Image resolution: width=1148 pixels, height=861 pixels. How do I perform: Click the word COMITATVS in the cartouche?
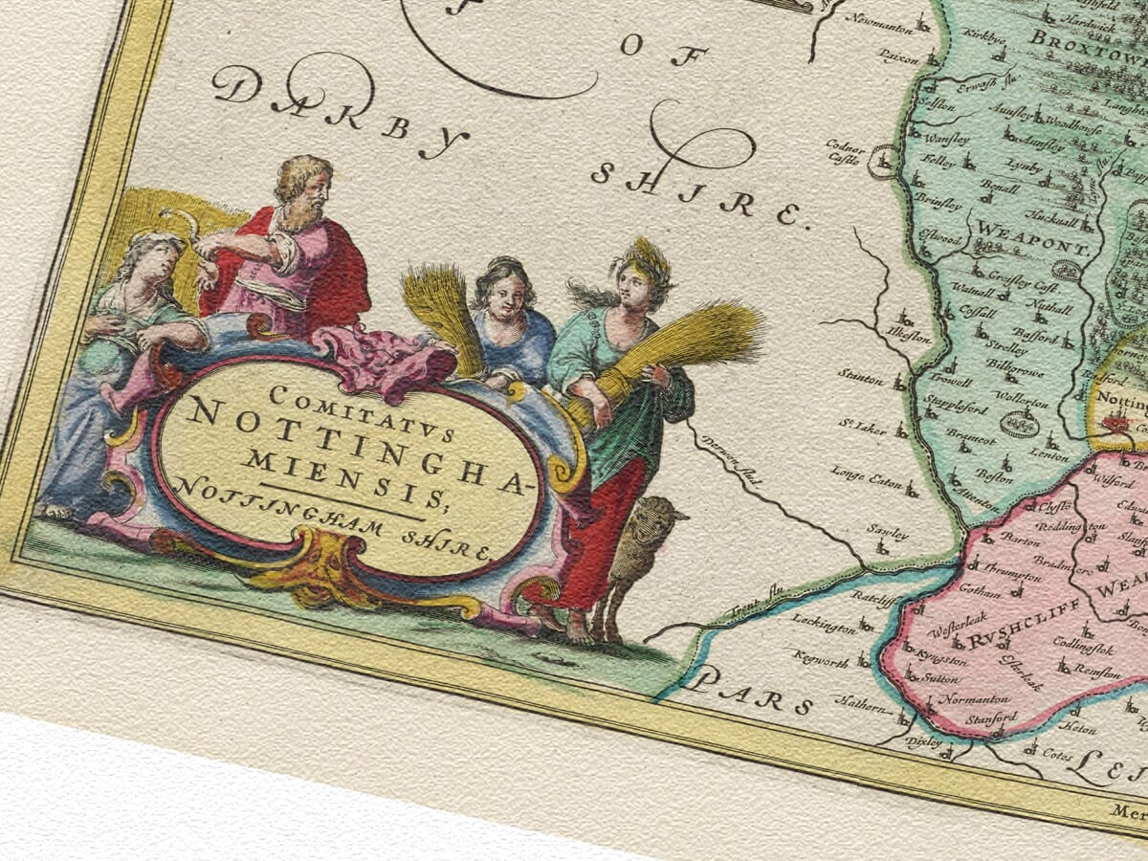pos(348,412)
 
